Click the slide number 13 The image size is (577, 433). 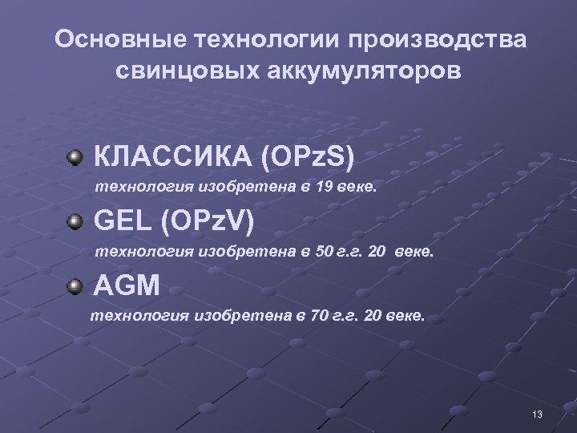(x=537, y=414)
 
